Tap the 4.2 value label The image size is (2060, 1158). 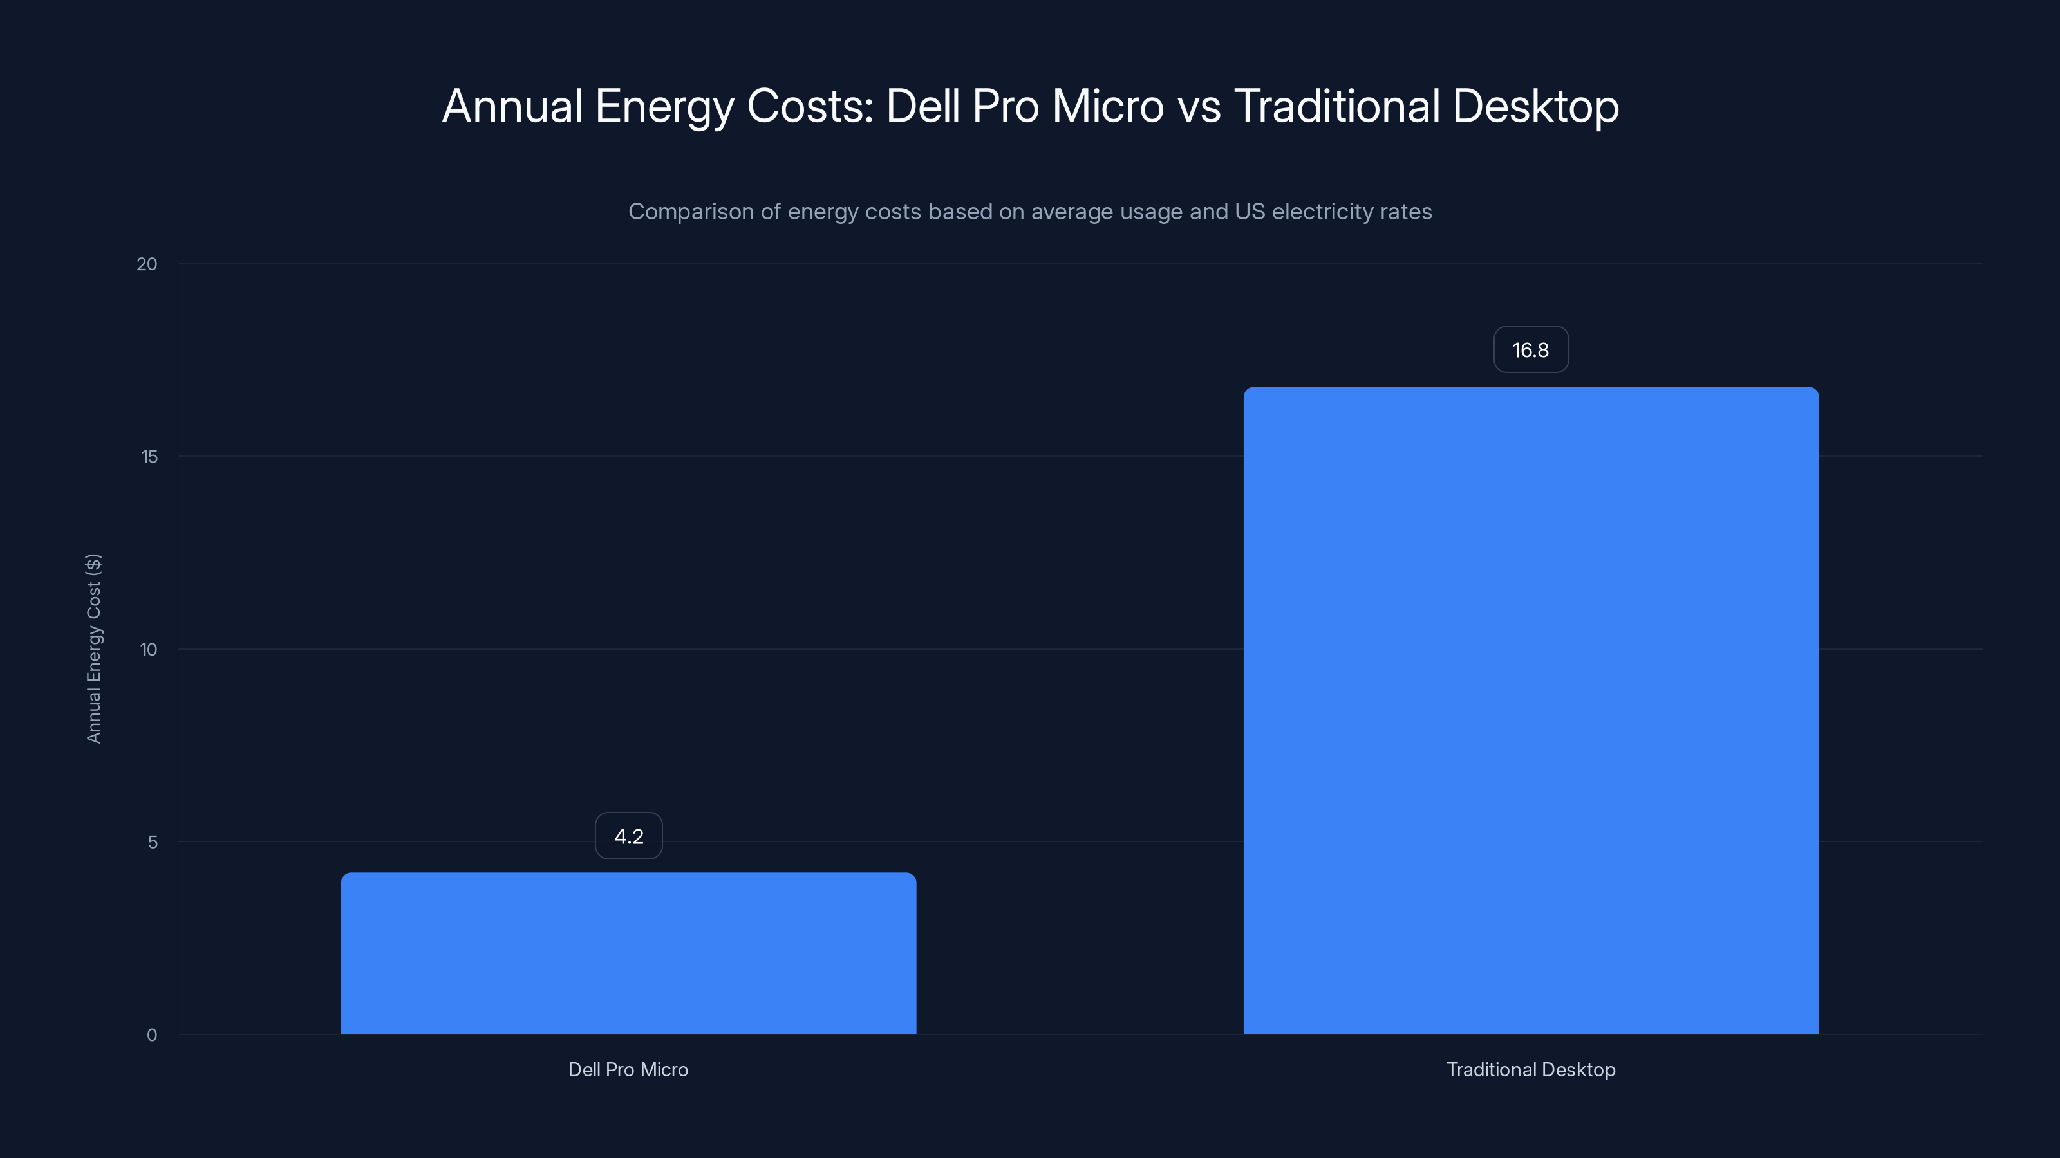click(x=628, y=836)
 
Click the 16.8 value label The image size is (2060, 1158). click(x=1531, y=349)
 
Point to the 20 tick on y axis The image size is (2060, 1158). click(x=147, y=264)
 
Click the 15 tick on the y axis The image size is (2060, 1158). click(x=149, y=456)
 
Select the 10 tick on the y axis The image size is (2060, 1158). click(x=149, y=649)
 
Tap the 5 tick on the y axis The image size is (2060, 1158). click(x=152, y=841)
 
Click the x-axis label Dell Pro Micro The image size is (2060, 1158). click(x=628, y=1069)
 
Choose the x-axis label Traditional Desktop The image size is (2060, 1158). click(x=1531, y=1069)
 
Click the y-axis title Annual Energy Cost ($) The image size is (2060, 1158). click(x=93, y=648)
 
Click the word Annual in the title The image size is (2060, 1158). click(x=512, y=106)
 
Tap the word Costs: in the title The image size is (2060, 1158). click(x=810, y=106)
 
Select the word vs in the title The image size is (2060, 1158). click(x=1199, y=106)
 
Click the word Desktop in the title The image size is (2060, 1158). click(x=1535, y=106)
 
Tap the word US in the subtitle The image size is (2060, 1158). click(x=1250, y=212)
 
